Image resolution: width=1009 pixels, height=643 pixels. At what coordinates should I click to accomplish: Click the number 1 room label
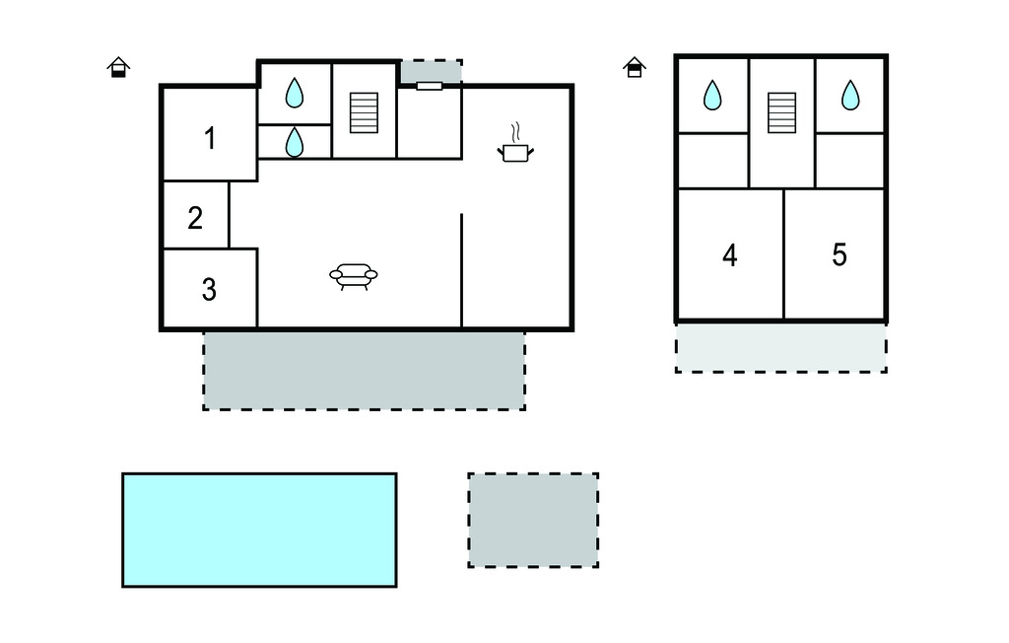click(209, 139)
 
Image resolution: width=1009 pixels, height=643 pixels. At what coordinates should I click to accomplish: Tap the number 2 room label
click(195, 218)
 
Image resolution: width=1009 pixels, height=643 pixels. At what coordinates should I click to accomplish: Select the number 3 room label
click(209, 290)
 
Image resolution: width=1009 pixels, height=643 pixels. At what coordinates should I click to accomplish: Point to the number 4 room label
click(729, 255)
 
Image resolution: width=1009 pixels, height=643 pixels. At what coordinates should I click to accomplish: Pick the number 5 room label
click(839, 254)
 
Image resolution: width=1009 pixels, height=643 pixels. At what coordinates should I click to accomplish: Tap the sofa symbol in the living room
click(354, 276)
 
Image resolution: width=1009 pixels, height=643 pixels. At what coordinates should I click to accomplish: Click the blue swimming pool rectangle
click(259, 530)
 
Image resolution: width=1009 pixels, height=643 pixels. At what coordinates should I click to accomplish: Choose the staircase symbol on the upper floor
click(781, 112)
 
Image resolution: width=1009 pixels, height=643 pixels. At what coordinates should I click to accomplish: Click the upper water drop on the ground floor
click(294, 94)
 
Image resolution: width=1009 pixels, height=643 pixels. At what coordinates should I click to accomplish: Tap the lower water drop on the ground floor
click(294, 143)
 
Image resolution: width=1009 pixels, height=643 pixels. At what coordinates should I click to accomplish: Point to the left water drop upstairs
click(712, 96)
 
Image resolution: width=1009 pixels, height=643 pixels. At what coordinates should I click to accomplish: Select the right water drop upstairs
click(849, 96)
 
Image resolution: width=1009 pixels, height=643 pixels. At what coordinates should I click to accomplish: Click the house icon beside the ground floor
click(118, 67)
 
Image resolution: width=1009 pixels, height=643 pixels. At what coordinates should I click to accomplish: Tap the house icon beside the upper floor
click(635, 67)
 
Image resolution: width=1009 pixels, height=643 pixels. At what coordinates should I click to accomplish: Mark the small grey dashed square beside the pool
click(533, 520)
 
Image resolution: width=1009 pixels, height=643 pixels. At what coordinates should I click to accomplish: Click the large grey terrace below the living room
click(364, 370)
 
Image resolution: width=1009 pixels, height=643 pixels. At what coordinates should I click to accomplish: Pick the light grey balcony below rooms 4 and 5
click(780, 347)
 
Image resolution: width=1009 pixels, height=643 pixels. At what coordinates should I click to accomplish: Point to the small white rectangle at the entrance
click(430, 86)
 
